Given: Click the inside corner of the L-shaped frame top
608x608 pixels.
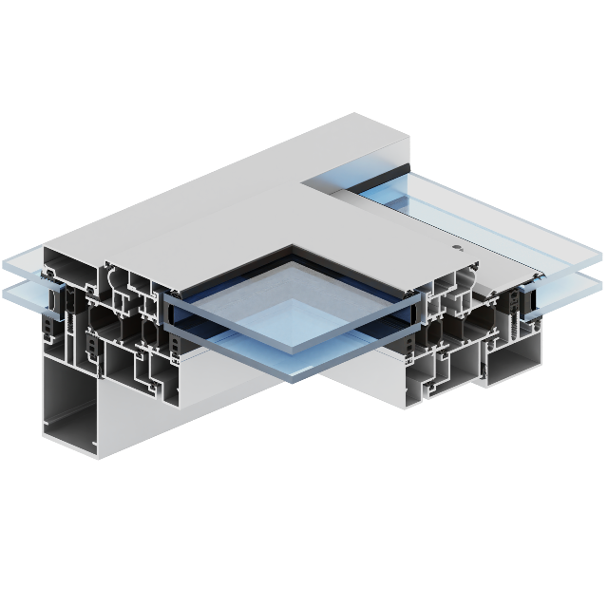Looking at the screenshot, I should [x=302, y=181].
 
